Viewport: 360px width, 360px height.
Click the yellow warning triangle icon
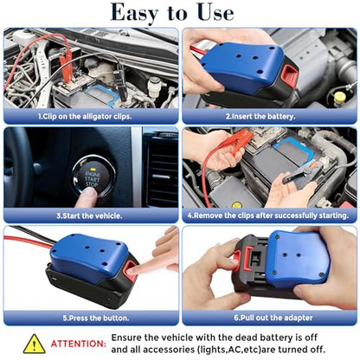(34, 344)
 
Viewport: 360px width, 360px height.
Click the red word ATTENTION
(79, 344)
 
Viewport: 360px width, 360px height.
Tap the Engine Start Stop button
(93, 177)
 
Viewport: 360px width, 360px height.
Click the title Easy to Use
(172, 13)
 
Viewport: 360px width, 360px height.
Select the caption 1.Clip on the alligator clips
(85, 117)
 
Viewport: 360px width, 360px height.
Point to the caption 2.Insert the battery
(260, 117)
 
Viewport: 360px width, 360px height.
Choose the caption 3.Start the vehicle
(89, 215)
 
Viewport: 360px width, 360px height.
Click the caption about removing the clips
(268, 215)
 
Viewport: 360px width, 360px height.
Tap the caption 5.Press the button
(96, 318)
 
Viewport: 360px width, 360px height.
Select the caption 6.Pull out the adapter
(273, 318)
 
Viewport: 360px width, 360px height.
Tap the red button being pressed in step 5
(130, 271)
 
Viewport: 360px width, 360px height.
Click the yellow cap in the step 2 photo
(339, 97)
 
